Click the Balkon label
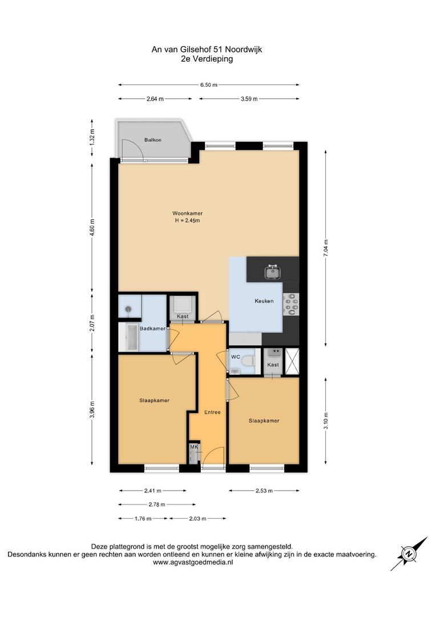tap(152, 140)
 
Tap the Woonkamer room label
tap(188, 213)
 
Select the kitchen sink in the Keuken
tap(273, 273)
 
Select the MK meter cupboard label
tap(193, 446)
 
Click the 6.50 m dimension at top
tap(208, 85)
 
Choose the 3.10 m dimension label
tap(325, 420)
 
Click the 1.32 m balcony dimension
tap(92, 138)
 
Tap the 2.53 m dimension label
tap(264, 491)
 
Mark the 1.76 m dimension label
tap(143, 519)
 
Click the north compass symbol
tap(409, 553)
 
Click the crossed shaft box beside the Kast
tap(291, 362)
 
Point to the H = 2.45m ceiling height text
tap(188, 221)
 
